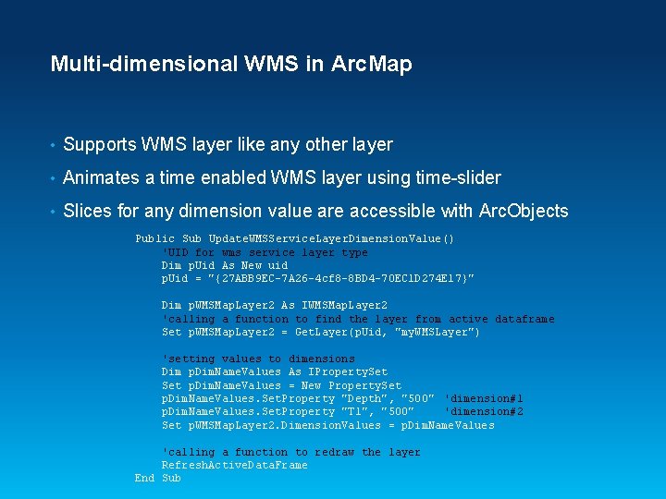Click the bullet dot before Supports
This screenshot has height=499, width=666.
54,145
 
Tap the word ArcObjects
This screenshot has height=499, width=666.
524,211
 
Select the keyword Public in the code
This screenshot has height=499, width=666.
154,239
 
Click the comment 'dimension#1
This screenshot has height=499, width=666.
484,398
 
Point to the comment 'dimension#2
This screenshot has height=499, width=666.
484,412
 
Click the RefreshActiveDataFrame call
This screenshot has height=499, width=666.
234,466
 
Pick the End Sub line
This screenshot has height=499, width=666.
157,479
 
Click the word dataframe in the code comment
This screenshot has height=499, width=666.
524,319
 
